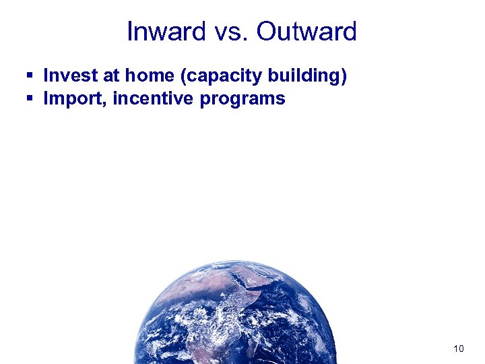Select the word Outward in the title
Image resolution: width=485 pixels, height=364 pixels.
click(306, 32)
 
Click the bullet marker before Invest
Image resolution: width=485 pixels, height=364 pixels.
click(30, 76)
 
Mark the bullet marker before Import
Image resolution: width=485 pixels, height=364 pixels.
click(30, 99)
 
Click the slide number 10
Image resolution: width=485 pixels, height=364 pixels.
click(458, 348)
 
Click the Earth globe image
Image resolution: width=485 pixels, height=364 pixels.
click(236, 317)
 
